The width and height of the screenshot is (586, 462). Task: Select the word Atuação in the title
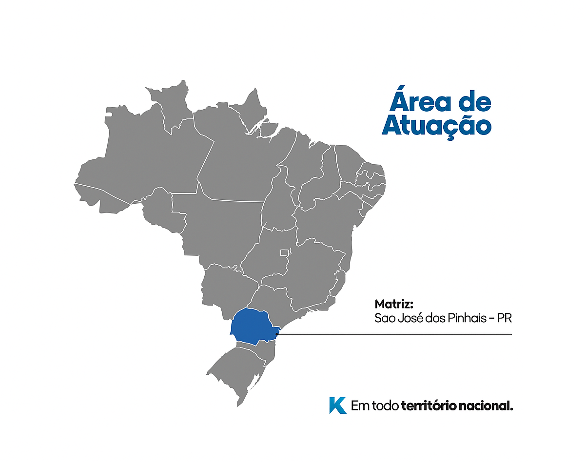[x=436, y=125]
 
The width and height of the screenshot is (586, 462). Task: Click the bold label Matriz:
[x=394, y=305]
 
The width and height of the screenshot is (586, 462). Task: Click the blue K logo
[x=337, y=405]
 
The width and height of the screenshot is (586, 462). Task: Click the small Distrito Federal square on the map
[x=285, y=252]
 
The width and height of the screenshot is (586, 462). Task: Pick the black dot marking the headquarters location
[x=276, y=334]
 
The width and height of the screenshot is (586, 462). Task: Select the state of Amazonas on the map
[x=146, y=156]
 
